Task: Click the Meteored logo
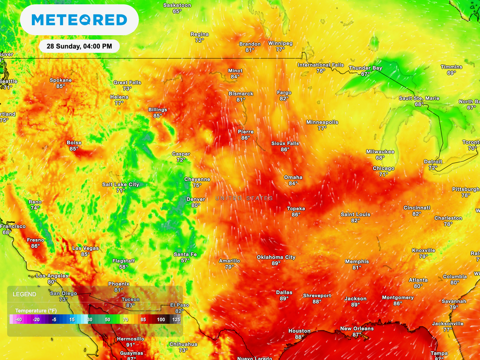click(x=79, y=20)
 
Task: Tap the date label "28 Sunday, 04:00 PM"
click(x=79, y=46)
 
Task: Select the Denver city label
click(x=195, y=199)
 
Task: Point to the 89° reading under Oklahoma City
click(x=276, y=263)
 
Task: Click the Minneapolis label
click(x=322, y=122)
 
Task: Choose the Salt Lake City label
click(x=120, y=185)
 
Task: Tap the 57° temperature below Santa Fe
click(x=185, y=261)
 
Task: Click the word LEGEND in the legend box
click(x=24, y=294)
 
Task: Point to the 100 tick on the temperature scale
click(x=161, y=319)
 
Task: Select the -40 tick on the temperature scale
click(x=18, y=319)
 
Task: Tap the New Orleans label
click(x=357, y=329)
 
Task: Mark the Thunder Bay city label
click(x=365, y=68)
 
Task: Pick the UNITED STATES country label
click(x=244, y=199)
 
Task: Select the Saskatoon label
click(x=177, y=5)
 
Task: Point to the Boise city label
click(x=74, y=143)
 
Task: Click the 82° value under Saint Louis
click(x=355, y=220)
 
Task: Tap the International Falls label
click(x=321, y=65)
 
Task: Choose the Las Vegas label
click(x=85, y=248)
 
